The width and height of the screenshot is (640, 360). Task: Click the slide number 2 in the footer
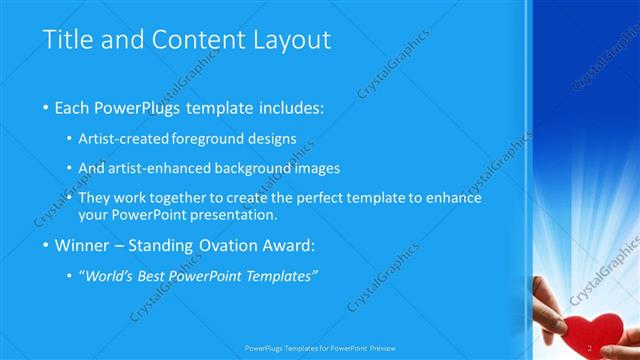(591, 348)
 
